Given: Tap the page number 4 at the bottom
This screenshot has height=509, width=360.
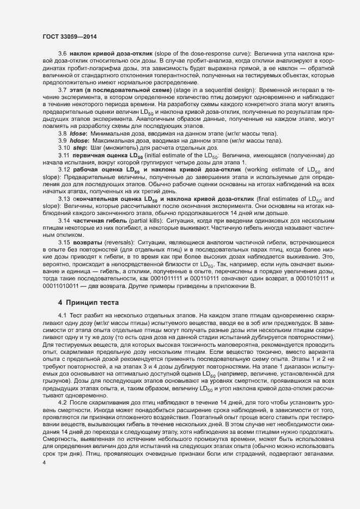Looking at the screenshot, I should [x=44, y=462].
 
